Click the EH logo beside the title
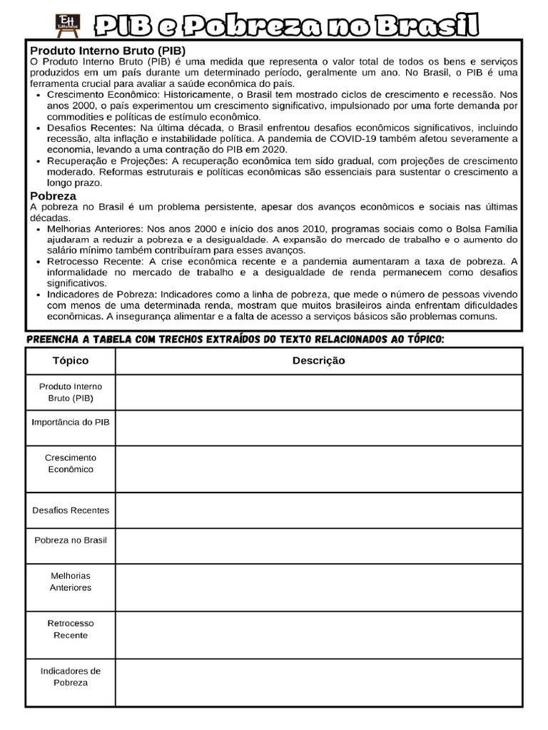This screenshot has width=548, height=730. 68,25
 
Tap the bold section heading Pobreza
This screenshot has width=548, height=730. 53,195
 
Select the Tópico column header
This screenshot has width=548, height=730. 71,361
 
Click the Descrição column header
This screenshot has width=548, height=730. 318,361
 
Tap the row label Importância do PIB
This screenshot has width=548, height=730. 71,422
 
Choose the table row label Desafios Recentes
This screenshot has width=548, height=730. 71,510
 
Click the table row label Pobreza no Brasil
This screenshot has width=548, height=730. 71,540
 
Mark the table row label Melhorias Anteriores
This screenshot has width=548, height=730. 71,582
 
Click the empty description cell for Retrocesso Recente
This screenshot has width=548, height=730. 318,629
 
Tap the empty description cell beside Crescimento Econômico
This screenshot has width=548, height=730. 318,468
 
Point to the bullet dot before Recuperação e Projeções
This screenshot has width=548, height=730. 39,161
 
